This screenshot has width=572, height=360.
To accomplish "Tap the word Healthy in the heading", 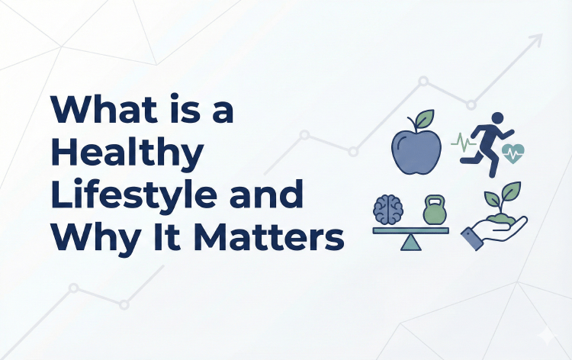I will pos(128,155).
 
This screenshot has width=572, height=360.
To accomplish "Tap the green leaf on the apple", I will pos(423,119).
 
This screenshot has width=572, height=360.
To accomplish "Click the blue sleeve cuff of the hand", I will pos(471,241).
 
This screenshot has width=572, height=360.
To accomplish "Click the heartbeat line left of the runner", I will pos(463,141).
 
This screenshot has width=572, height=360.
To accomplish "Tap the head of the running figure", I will pos(498,118).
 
